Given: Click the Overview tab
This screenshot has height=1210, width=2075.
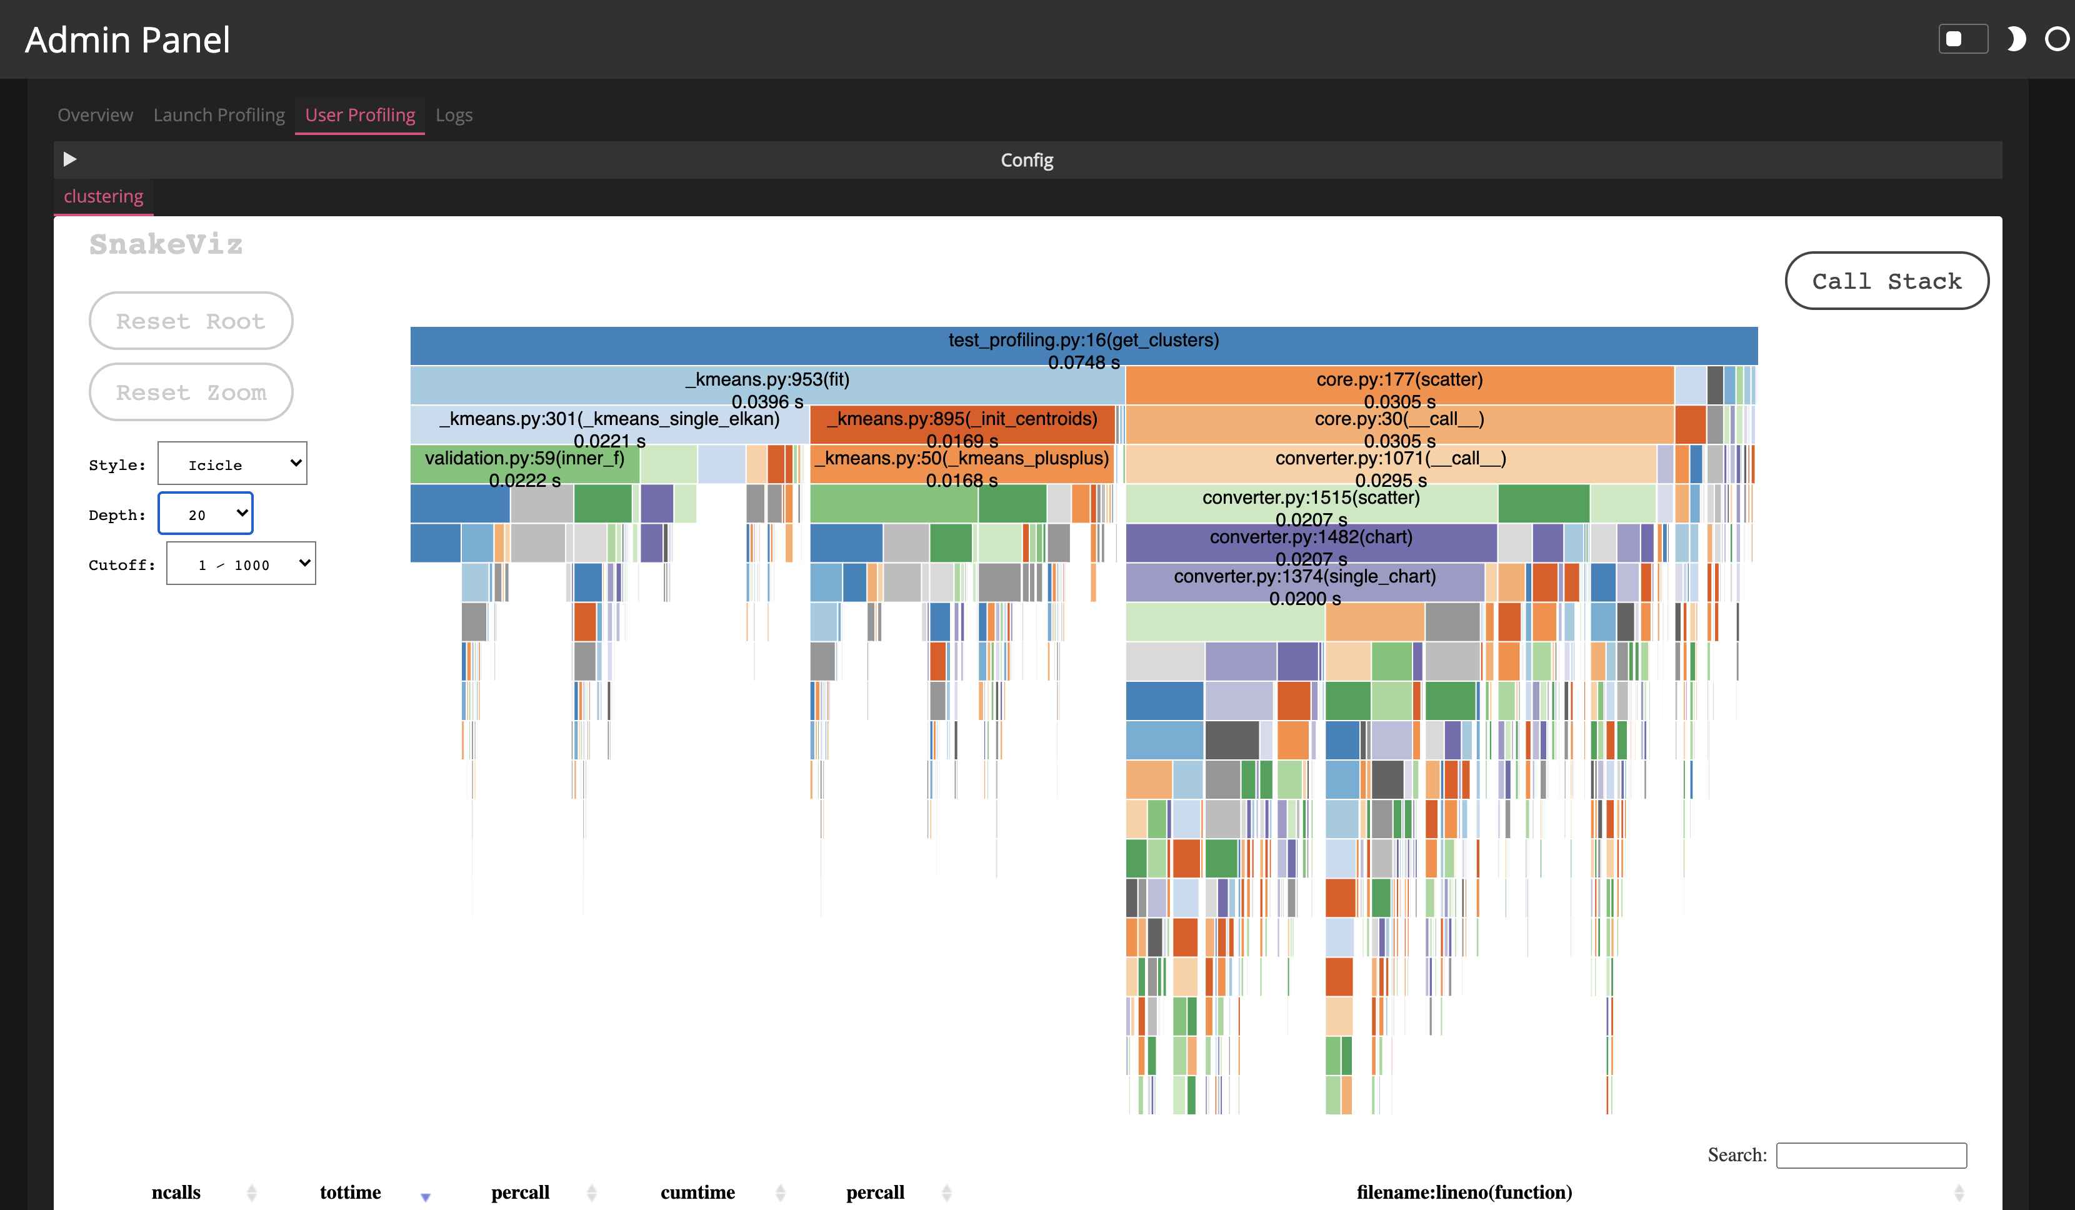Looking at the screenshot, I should click(95, 116).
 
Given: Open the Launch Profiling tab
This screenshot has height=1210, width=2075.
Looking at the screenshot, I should click(218, 116).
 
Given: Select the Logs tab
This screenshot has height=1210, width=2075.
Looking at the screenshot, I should click(454, 116).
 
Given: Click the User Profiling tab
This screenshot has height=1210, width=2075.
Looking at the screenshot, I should click(360, 116).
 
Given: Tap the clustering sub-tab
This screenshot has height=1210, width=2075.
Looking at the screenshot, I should click(104, 197).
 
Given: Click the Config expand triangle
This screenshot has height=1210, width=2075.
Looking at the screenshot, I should click(70, 159).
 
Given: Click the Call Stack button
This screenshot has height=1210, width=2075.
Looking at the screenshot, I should click(1886, 281).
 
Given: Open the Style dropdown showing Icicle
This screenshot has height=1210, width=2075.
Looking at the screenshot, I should click(232, 464).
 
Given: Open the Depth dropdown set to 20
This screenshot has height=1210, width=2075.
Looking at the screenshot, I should click(205, 514).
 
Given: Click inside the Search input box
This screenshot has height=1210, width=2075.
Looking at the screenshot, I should click(1871, 1155).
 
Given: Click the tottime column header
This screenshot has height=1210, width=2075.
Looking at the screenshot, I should click(350, 1192).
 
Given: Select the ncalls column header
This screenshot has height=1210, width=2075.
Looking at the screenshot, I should click(176, 1192).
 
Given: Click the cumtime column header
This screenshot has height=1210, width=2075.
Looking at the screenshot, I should click(697, 1192).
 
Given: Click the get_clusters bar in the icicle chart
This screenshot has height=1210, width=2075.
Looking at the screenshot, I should click(1084, 346).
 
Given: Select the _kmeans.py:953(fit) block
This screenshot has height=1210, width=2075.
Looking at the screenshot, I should click(767, 386).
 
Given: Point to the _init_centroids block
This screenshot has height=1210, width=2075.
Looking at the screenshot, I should click(962, 424).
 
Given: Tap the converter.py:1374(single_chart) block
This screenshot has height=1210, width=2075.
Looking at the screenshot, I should click(1304, 582).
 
